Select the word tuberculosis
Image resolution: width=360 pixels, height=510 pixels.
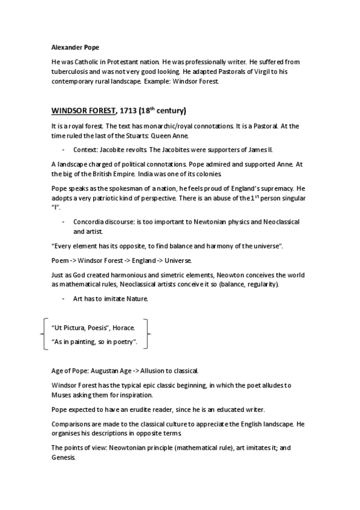[73, 71]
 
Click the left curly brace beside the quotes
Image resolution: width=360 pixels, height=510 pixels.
[41, 334]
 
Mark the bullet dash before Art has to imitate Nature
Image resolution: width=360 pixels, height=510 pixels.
[63, 299]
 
